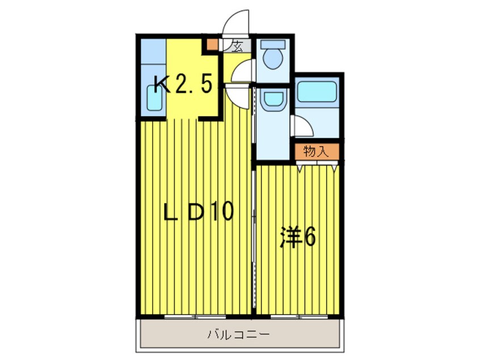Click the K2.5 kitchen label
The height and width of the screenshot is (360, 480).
184,85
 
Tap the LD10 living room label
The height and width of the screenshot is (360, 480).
199,212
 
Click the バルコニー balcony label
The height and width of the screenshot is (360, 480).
239,334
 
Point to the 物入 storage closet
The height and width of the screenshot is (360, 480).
316,151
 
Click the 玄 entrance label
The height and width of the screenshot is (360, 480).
237,47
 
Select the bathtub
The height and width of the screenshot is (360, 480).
317,91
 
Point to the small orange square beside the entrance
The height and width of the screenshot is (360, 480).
212,43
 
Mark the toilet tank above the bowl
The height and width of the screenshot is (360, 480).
273,44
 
